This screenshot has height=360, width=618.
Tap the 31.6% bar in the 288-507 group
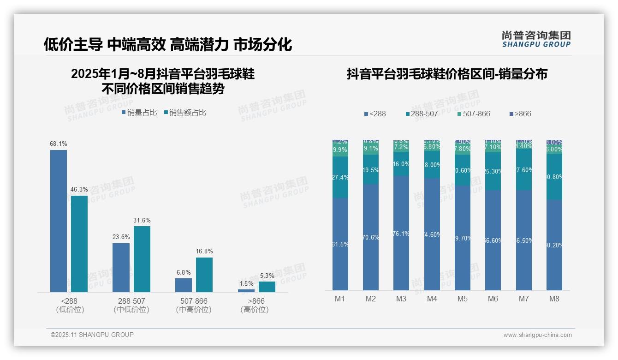coord(142,259)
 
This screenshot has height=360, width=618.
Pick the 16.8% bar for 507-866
coord(204,275)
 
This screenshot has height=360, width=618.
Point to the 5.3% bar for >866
coord(267,287)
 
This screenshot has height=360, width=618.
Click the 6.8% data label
coord(184,273)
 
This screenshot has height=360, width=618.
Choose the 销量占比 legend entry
coord(139,113)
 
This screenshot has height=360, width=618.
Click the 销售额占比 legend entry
coord(185,113)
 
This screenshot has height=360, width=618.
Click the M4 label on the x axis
coord(432,299)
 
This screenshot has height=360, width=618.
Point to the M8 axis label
coord(554,299)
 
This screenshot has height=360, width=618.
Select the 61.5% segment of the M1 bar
coord(340,244)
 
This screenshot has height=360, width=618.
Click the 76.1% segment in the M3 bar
coord(401,233)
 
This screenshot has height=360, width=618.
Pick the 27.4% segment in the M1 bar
coord(340,177)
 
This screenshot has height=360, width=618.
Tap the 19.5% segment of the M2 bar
coord(371,169)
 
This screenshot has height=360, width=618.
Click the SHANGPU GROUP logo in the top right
coord(536,39)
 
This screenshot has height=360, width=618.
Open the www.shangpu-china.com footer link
coord(537,335)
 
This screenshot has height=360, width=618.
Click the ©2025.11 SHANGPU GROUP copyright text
coord(92,335)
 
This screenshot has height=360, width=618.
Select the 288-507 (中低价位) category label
coord(131,305)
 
